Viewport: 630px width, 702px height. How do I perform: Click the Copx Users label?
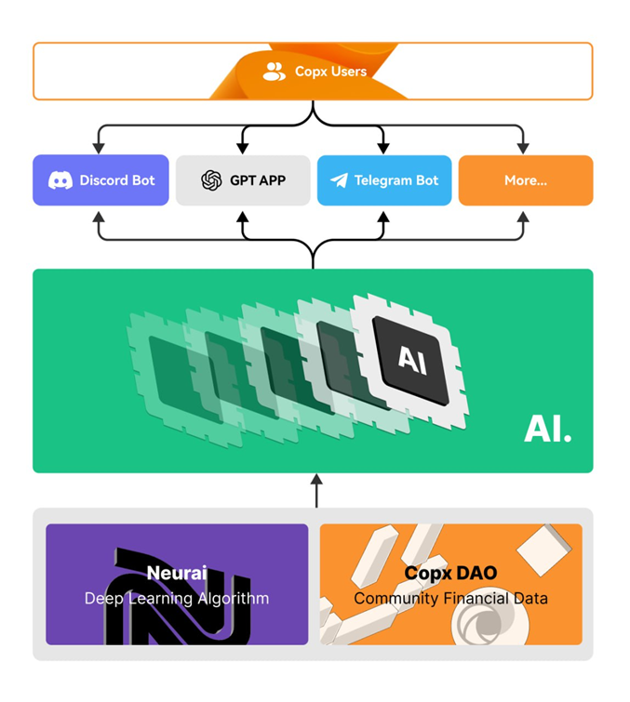click(x=330, y=71)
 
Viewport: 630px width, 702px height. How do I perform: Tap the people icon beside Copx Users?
click(x=275, y=71)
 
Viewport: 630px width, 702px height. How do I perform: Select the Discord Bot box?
click(x=101, y=180)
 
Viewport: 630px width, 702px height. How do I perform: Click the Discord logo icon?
click(x=60, y=180)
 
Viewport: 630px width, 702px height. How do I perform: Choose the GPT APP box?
click(x=243, y=180)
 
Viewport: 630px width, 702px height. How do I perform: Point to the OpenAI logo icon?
click(x=211, y=180)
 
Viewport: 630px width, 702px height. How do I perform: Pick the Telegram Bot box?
click(x=384, y=180)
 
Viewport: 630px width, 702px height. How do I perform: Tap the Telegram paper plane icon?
click(x=339, y=180)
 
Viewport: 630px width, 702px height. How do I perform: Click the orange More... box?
click(x=526, y=180)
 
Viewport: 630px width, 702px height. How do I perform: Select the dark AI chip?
click(x=410, y=360)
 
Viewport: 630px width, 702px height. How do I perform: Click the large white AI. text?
click(x=547, y=427)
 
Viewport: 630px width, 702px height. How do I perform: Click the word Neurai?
click(x=177, y=574)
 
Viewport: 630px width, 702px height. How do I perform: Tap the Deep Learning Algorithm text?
click(x=177, y=599)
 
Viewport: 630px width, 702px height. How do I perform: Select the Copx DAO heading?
click(x=450, y=574)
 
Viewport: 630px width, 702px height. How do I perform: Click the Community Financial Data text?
click(x=450, y=599)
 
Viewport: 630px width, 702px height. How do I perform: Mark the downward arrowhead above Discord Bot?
click(x=99, y=148)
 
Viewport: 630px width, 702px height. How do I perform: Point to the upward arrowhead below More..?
click(x=523, y=217)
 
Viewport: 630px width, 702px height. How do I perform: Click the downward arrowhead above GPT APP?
click(x=243, y=148)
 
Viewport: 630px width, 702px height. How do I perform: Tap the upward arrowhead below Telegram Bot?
click(x=382, y=217)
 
